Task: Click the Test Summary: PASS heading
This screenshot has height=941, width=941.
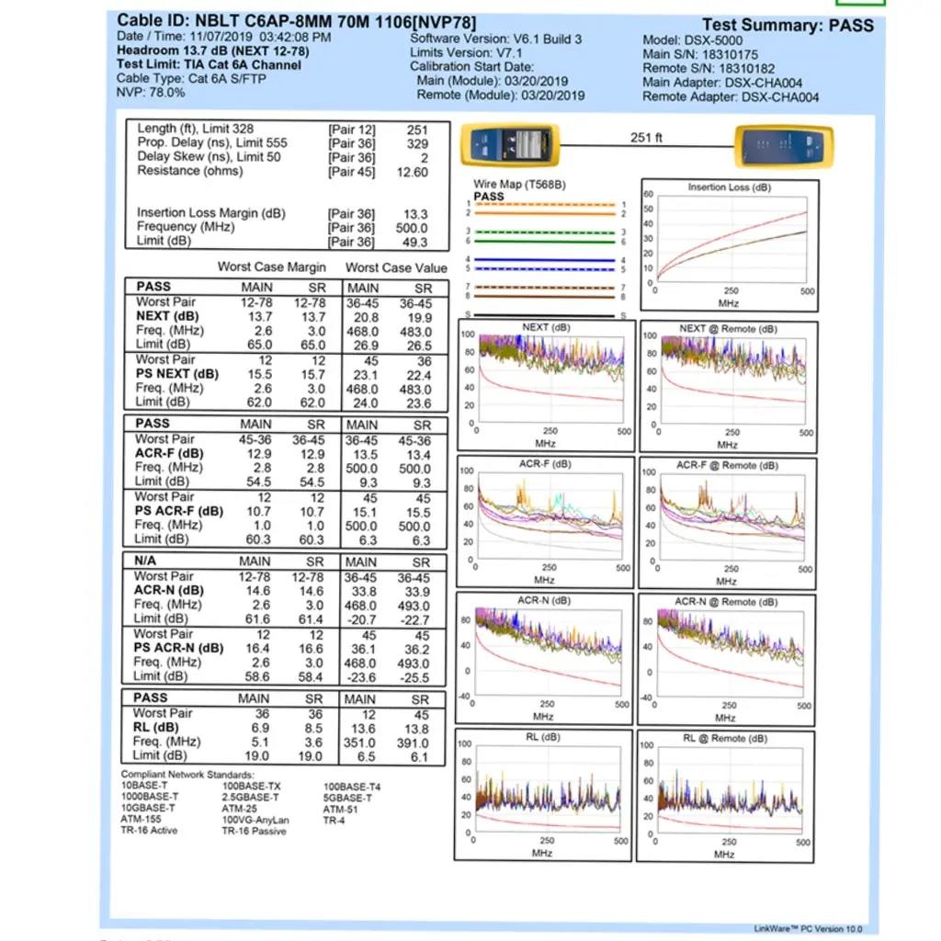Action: tap(788, 25)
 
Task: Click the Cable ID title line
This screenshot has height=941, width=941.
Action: tap(296, 21)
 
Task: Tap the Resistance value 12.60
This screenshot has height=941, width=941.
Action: tap(411, 172)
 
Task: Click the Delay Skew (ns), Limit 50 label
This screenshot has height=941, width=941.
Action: tap(209, 157)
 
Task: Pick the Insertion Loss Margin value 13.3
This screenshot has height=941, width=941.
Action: tap(415, 214)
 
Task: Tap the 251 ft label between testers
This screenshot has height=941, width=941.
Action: tap(646, 138)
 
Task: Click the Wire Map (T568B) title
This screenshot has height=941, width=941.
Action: tap(519, 185)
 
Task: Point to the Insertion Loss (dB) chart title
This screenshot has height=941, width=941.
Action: tap(730, 187)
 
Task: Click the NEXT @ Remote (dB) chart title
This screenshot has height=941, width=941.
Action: tap(728, 329)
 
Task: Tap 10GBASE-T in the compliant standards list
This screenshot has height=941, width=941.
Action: tap(148, 808)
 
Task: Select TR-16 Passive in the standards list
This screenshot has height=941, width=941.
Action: tap(254, 831)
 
